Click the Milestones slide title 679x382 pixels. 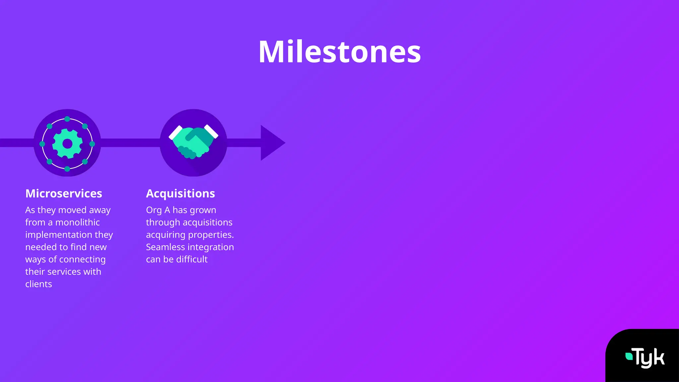click(x=339, y=52)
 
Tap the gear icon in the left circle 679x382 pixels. click(x=67, y=144)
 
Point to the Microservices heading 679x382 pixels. click(x=64, y=193)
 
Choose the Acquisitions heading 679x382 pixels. click(x=180, y=193)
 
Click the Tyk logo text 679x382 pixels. click(x=649, y=358)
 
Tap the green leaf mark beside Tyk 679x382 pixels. click(x=629, y=356)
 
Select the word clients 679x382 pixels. click(x=38, y=284)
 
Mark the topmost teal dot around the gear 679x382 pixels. click(x=67, y=119)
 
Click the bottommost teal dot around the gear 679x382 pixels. click(x=67, y=169)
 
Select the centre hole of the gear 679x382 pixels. click(x=67, y=144)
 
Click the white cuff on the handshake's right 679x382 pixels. click(x=211, y=131)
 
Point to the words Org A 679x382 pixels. click(x=158, y=210)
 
